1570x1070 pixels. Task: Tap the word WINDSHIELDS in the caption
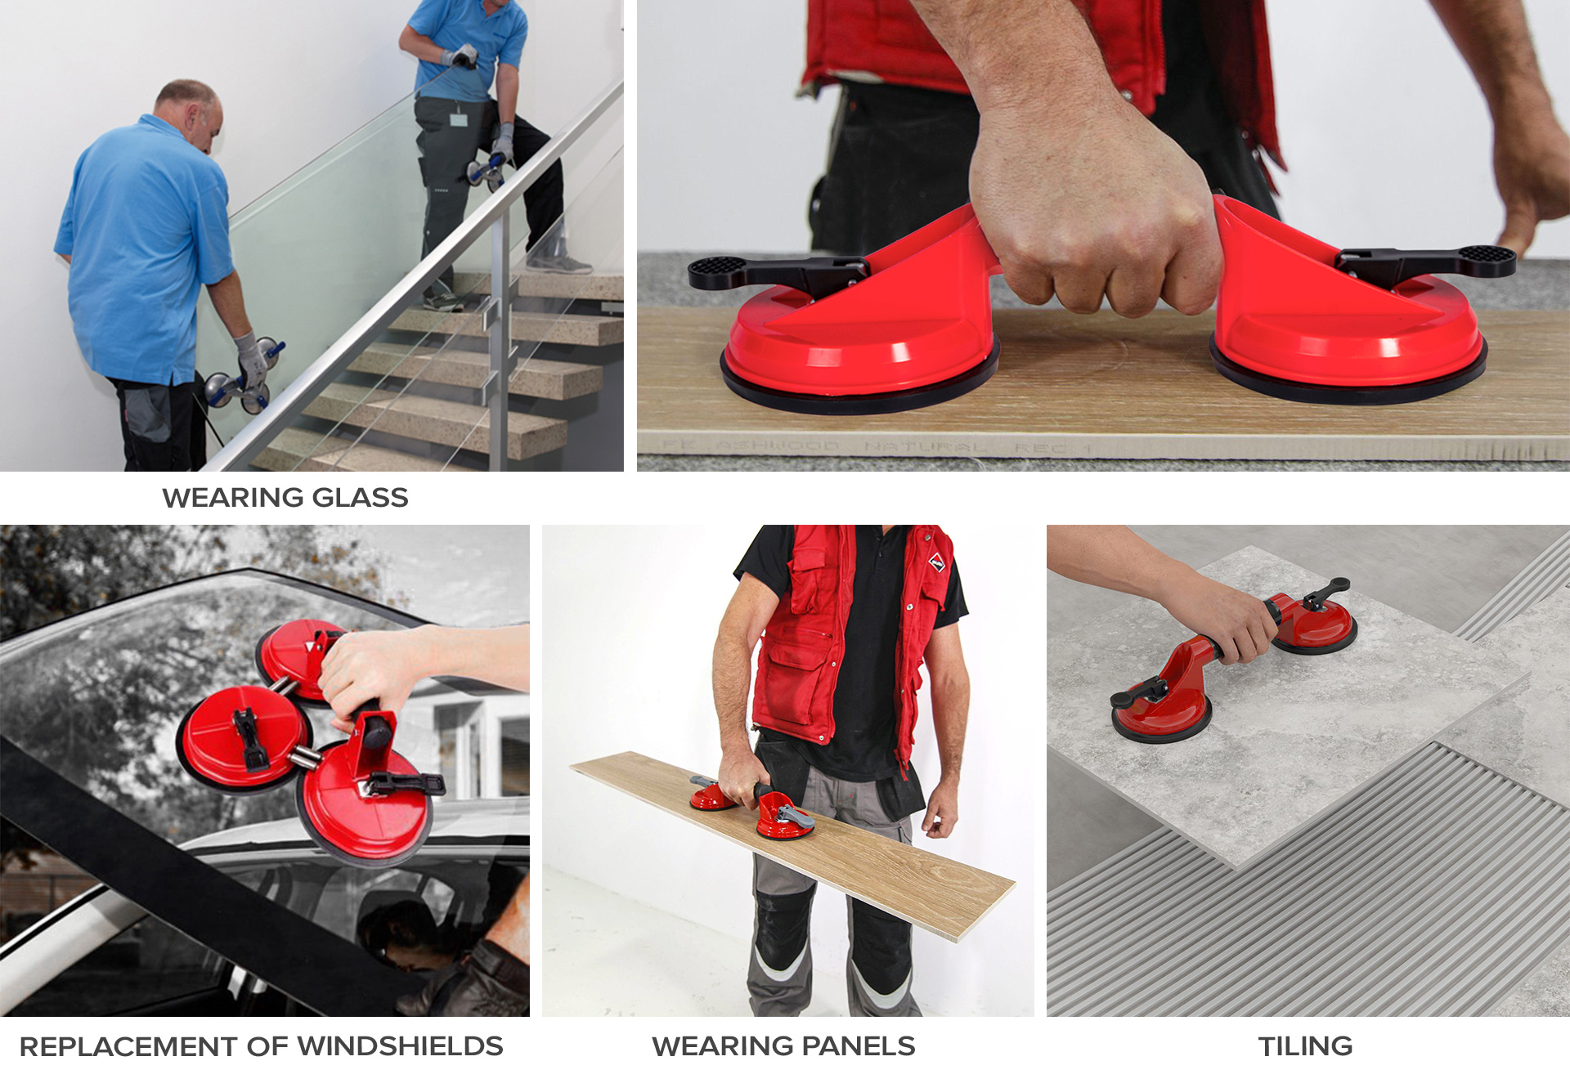pyautogui.click(x=400, y=1045)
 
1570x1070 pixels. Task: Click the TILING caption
pyautogui.click(x=1305, y=1045)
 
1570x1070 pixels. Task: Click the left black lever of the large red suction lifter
pyautogui.click(x=777, y=272)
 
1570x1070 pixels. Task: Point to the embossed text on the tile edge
pyautogui.click(x=875, y=447)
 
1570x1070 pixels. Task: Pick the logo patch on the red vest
pyautogui.click(x=936, y=563)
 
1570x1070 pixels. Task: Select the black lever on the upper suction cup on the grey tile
pyautogui.click(x=1326, y=593)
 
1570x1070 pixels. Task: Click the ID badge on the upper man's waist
pyautogui.click(x=459, y=120)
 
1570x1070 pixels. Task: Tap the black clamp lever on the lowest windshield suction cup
pyautogui.click(x=405, y=784)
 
